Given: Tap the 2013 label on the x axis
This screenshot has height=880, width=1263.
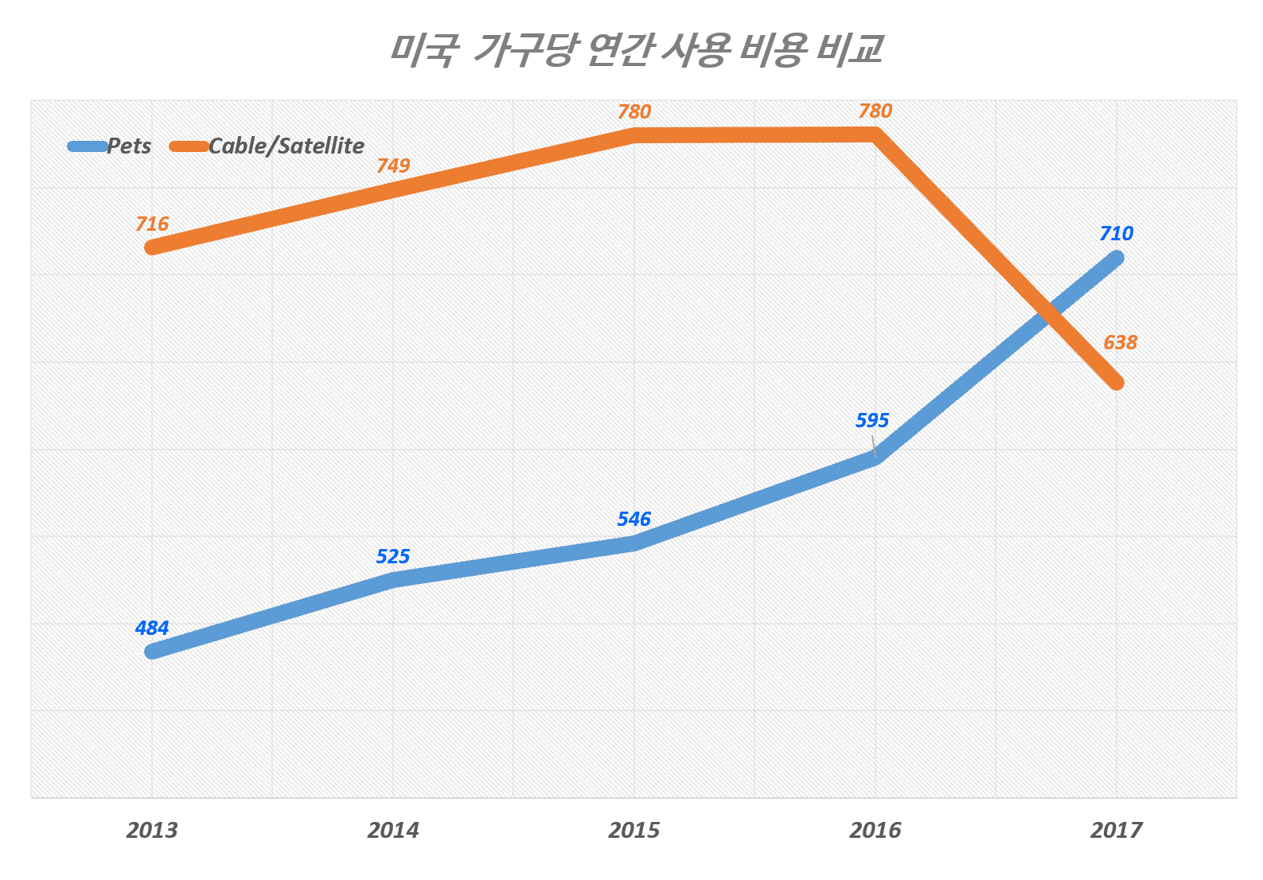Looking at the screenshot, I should point(152,831).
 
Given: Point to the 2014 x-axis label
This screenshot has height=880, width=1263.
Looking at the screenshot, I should point(393,831).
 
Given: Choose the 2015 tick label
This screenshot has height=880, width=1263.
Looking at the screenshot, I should point(634,831).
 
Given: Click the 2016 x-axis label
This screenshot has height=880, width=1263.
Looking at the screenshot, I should point(875,831).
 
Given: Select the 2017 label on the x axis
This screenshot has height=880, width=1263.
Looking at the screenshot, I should point(1117,831).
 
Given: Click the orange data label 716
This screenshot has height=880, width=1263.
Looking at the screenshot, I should point(152,224).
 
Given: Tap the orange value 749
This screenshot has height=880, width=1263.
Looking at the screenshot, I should point(393,166).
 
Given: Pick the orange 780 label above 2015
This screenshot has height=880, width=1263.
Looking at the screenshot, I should point(634,112).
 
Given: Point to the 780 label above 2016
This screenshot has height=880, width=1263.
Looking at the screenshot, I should point(875,111).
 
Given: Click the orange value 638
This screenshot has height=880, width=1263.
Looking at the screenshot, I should point(1121,343).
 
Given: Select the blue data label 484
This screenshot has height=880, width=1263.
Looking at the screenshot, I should point(152,629).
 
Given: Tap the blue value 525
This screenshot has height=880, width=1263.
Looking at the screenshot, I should point(393,557).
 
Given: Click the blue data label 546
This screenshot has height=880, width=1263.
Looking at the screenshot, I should point(634,520).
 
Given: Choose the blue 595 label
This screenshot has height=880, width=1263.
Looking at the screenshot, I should point(872,421).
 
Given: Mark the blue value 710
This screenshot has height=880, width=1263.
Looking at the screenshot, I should point(1117,234).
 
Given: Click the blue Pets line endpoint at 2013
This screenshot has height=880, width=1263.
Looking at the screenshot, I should point(152,652).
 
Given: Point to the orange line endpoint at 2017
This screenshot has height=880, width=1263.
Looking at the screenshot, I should point(1117,383).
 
